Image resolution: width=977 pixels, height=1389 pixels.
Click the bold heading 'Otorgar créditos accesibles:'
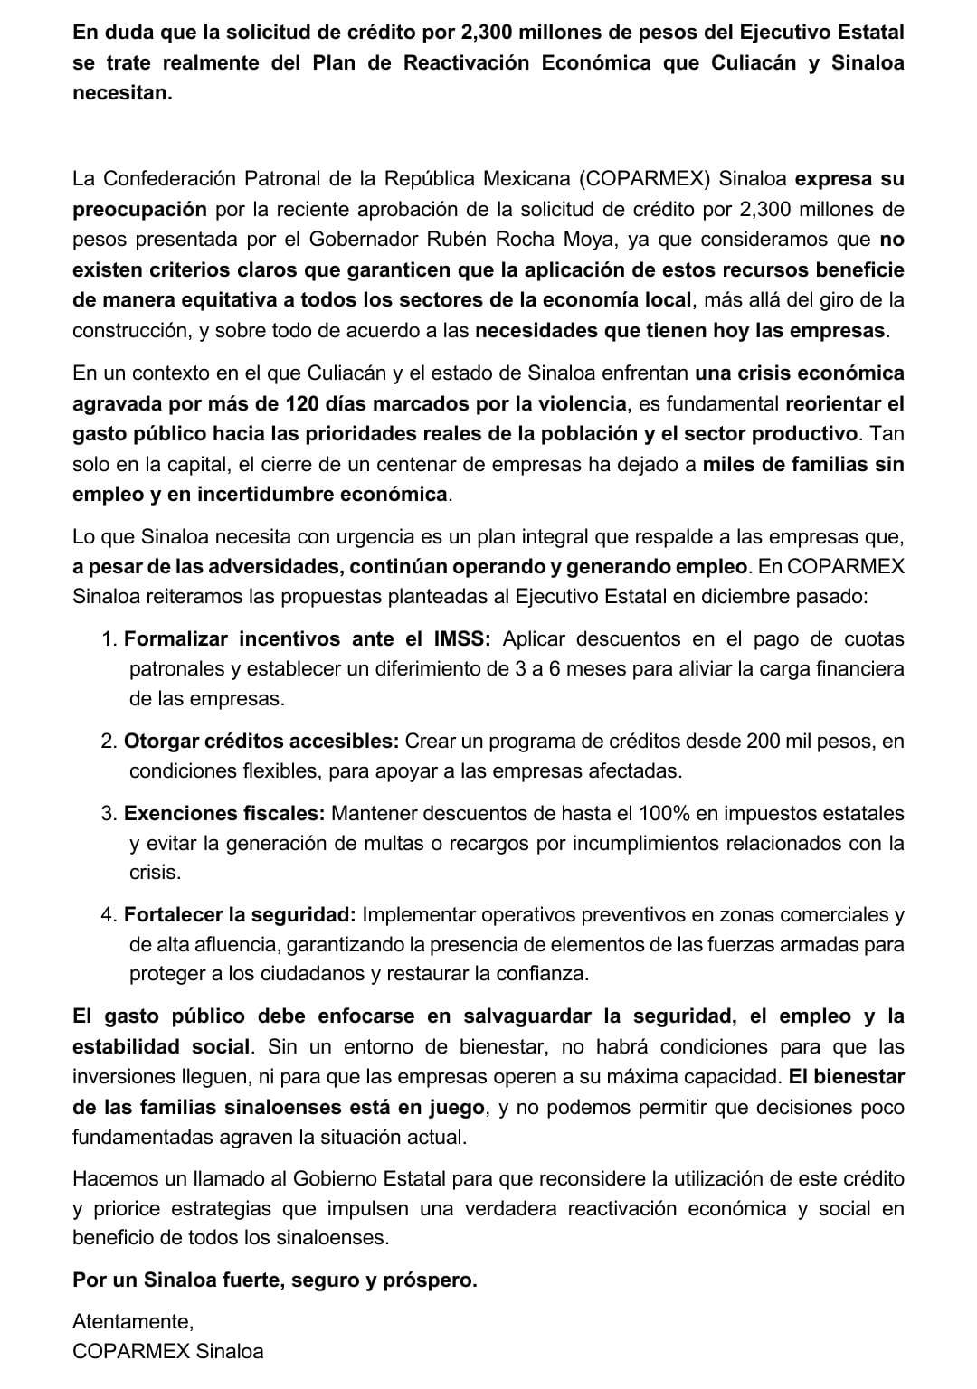[x=261, y=742]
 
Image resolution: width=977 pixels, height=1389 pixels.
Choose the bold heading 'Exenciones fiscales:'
[x=223, y=813]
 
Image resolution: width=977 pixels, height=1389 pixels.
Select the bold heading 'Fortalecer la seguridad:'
[x=240, y=915]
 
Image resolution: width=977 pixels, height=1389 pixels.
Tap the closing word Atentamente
[x=132, y=1322]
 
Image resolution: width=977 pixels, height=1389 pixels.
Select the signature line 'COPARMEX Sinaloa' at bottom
[x=167, y=1352]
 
